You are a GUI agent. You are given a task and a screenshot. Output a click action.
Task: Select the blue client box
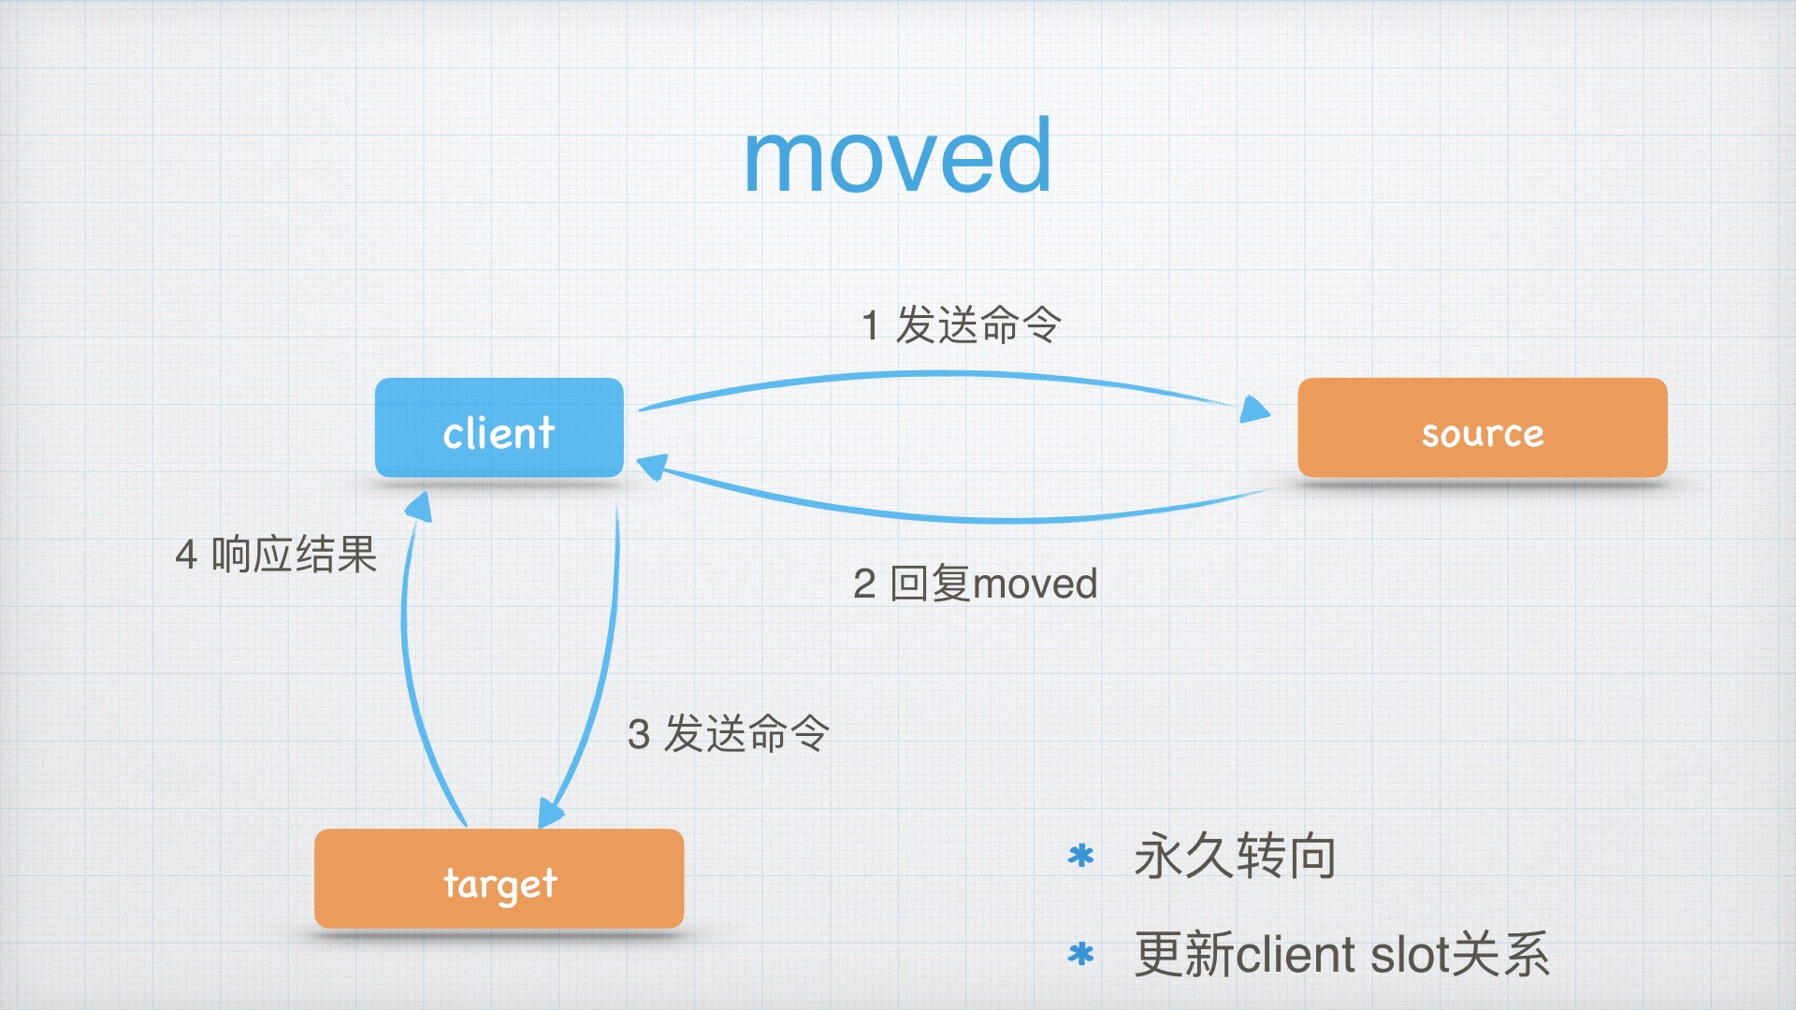[x=499, y=429]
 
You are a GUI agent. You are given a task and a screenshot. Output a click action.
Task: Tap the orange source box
[x=1482, y=429]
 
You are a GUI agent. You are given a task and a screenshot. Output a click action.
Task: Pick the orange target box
[x=499, y=880]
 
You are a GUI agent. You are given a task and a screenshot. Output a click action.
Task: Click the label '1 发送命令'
[x=961, y=325]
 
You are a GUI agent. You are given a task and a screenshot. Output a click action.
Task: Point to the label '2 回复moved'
[x=975, y=584]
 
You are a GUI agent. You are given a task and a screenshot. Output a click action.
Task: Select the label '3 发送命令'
[x=728, y=733]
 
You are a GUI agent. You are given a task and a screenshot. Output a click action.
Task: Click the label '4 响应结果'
[x=276, y=555]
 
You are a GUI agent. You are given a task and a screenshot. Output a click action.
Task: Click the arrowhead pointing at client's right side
[x=652, y=466]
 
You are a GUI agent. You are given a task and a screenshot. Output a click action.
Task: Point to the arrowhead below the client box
[x=418, y=507]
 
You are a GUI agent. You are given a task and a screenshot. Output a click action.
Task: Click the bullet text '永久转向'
[x=1235, y=856]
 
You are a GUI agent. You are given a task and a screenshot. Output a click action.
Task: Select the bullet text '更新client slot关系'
[x=1341, y=955]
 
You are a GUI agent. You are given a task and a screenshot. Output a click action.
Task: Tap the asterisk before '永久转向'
[x=1080, y=856]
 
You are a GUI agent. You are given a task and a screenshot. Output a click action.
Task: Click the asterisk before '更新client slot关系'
[x=1080, y=955]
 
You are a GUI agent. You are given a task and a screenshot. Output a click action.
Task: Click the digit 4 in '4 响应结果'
[x=186, y=555]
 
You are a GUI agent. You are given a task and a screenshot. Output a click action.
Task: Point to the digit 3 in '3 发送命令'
[x=639, y=734]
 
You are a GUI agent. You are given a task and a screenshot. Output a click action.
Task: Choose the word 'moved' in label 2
[x=1035, y=584]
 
